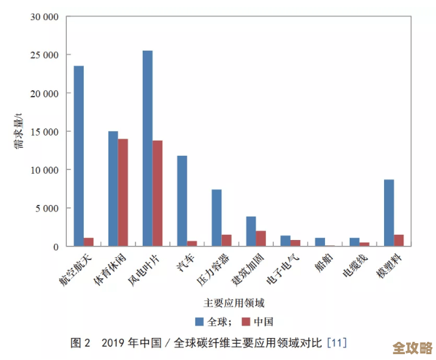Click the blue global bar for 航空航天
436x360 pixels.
[79, 156]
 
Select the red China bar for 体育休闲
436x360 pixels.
[123, 193]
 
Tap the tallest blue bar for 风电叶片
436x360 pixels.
[147, 149]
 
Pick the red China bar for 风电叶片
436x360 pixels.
[157, 193]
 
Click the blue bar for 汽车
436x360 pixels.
[182, 201]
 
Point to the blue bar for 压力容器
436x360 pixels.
[217, 218]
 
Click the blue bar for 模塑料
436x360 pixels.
[389, 213]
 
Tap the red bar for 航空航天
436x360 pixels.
[88, 242]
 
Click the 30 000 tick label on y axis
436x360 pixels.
[44, 17]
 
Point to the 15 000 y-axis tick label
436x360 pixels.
[44, 132]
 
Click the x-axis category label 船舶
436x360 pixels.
[324, 263]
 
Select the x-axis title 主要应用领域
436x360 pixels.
[234, 302]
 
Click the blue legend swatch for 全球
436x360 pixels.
[200, 321]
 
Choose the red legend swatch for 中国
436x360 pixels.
[246, 321]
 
